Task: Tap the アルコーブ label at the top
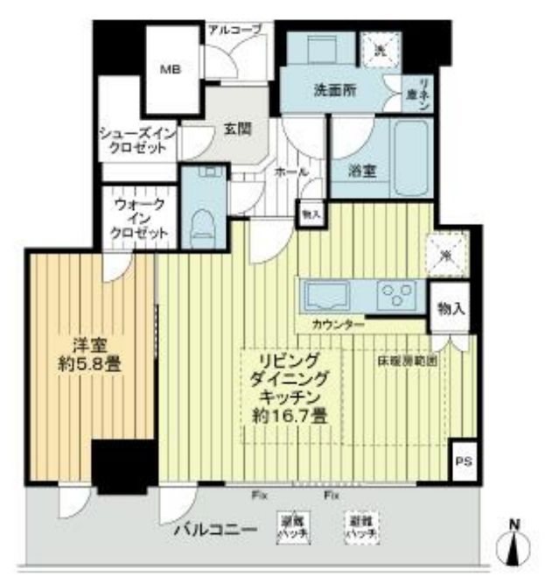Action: click(x=234, y=30)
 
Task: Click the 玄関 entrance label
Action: click(x=236, y=128)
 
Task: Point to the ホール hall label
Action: click(x=291, y=172)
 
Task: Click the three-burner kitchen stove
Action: click(x=400, y=294)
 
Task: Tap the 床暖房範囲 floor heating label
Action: click(x=408, y=360)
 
